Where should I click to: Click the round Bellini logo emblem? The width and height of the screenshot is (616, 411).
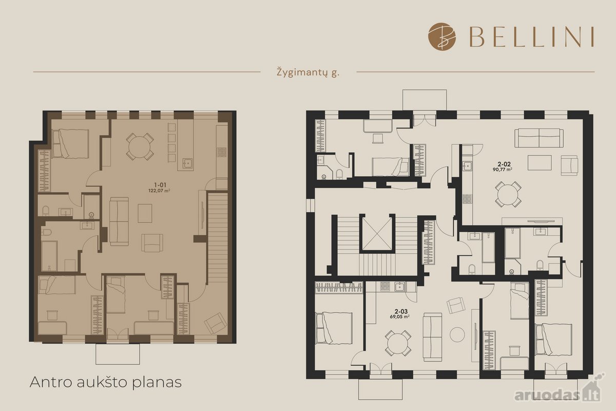(x=441, y=36)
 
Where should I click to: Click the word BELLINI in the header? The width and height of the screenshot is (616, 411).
(x=531, y=37)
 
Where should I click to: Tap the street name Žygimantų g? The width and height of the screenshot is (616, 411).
(x=308, y=72)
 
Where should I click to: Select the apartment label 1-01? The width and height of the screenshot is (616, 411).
(x=160, y=185)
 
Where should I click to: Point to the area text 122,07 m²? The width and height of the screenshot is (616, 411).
(x=159, y=191)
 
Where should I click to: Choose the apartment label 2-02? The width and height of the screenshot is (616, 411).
(x=504, y=164)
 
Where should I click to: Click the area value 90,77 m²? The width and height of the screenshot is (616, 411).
(x=503, y=170)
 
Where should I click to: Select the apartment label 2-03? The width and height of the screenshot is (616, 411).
(x=401, y=311)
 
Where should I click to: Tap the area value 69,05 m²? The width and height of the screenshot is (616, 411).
(x=399, y=316)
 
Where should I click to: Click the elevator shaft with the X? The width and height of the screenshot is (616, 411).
(x=377, y=232)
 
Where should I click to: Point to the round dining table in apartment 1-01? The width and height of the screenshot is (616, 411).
(x=140, y=146)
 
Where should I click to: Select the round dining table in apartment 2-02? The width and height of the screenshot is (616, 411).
(x=508, y=194)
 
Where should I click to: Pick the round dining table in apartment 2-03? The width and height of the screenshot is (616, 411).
(x=398, y=343)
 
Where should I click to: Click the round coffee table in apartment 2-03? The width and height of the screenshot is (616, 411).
(x=457, y=334)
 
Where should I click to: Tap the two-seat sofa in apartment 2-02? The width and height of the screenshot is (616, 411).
(x=538, y=138)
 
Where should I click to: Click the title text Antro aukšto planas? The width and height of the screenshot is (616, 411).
(x=106, y=382)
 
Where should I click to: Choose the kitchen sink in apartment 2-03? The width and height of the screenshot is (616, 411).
(x=399, y=287)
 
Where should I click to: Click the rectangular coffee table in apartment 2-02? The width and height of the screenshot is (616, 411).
(x=540, y=163)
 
